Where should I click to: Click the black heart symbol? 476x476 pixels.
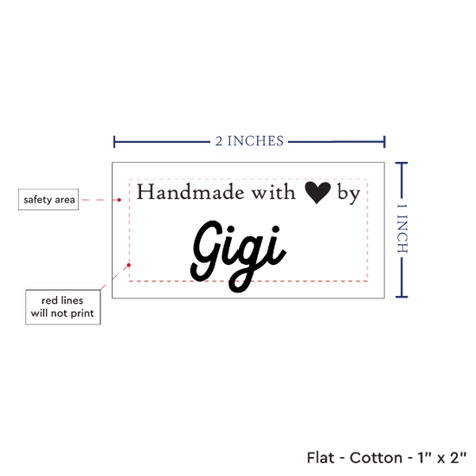tap(318, 193)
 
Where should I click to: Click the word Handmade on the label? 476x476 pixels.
tap(190, 192)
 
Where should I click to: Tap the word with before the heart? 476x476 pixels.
tap(273, 192)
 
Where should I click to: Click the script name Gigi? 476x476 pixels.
tap(238, 255)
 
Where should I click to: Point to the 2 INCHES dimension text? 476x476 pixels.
tap(249, 141)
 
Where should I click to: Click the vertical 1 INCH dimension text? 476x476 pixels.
tap(402, 228)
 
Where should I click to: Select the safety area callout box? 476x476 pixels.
tap(48, 199)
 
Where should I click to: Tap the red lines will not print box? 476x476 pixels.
tap(63, 307)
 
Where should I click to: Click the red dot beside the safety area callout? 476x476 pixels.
tap(119, 200)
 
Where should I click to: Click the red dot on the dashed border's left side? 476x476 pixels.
tap(129, 265)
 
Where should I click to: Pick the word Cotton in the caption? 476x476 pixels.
tap(376, 458)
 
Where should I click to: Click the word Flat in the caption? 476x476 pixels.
tap(320, 458)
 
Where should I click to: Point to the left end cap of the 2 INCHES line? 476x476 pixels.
tap(114, 142)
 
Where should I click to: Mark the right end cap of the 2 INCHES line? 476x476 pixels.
tap(384, 142)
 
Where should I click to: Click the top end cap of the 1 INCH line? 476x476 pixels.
tap(402, 163)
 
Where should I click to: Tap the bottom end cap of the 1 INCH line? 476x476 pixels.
tap(402, 297)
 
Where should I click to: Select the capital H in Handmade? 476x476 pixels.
tap(145, 191)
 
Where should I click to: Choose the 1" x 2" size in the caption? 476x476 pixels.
tap(442, 458)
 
